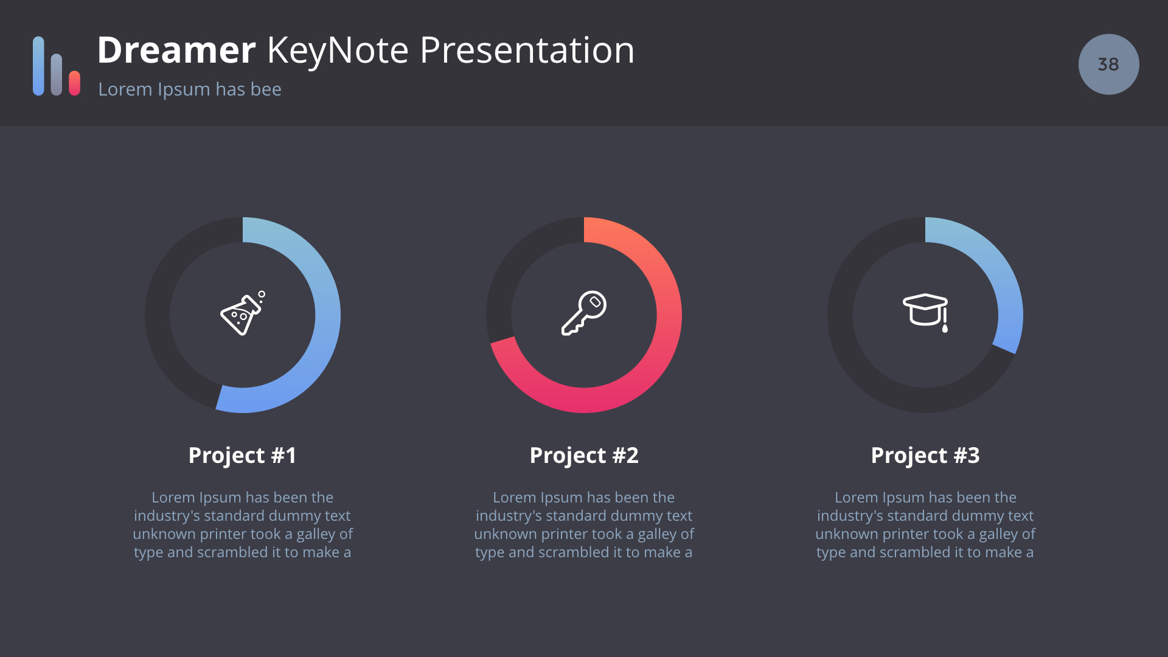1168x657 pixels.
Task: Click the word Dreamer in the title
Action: (x=176, y=50)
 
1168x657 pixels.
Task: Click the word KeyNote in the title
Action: (x=338, y=51)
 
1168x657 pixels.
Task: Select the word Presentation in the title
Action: (x=527, y=50)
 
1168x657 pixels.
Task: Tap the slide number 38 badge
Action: (x=1108, y=64)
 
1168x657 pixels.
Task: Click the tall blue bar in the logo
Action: (x=38, y=66)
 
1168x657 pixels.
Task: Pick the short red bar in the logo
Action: (x=75, y=83)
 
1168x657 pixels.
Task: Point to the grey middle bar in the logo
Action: (x=57, y=74)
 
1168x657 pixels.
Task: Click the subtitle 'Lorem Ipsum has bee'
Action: (x=190, y=89)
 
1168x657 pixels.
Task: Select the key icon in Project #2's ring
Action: (x=584, y=313)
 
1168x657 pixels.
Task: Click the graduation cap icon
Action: (x=925, y=313)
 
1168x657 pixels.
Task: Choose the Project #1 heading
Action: (x=242, y=456)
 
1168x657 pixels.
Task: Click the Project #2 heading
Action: (x=584, y=456)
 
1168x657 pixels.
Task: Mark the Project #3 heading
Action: (x=925, y=456)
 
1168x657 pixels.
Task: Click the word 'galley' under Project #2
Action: (x=657, y=535)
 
